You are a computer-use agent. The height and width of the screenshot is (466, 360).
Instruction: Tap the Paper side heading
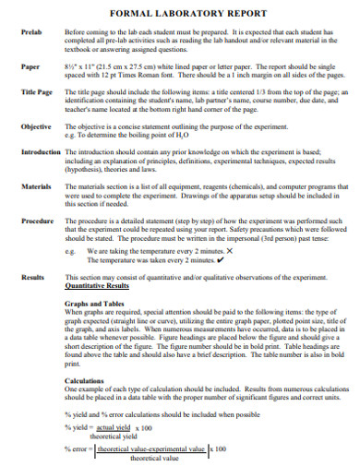pos(30,67)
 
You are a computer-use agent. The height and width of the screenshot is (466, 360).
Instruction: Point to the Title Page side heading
pos(37,92)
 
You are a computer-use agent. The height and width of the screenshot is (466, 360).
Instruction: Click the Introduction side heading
pos(39,149)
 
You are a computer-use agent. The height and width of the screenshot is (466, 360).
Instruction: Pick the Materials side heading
pos(36,186)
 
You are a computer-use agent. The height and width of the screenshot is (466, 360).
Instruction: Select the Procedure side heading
pos(37,222)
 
